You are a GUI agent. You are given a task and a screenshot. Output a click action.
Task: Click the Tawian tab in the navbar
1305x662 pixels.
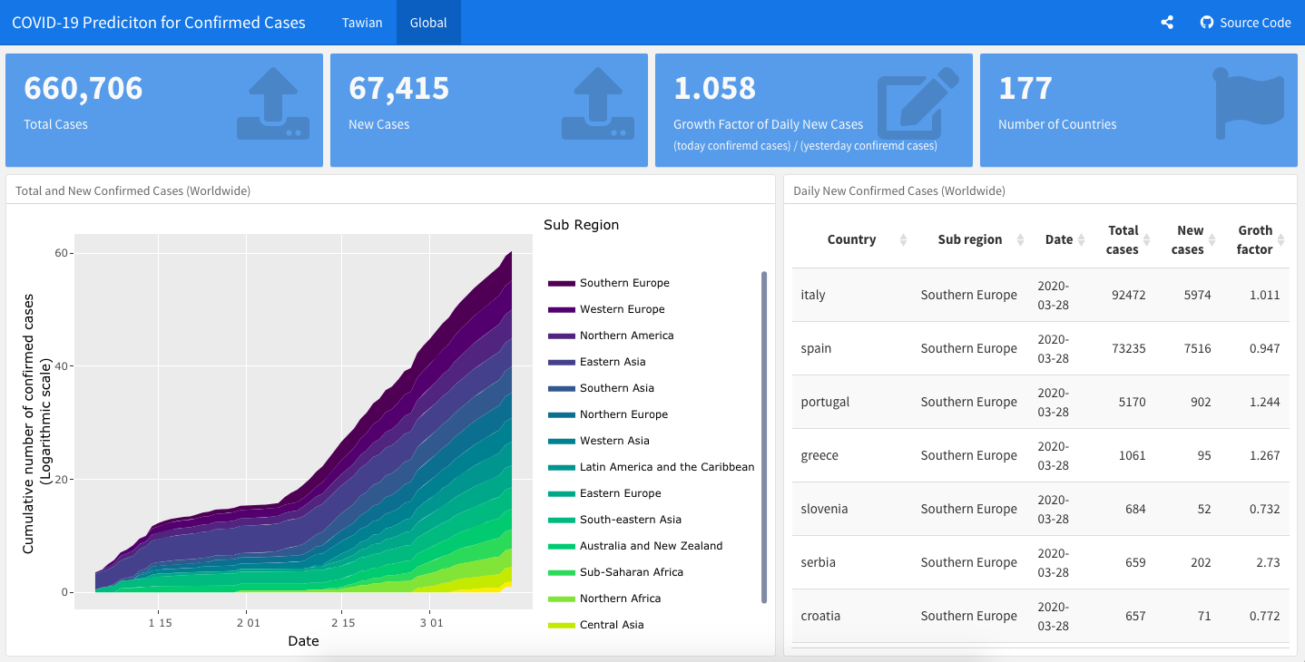point(362,23)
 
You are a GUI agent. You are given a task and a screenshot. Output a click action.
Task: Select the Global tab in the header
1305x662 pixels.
point(428,23)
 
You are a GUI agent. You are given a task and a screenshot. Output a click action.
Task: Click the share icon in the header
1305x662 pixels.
point(1167,23)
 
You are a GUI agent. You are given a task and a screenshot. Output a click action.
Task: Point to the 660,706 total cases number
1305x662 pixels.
point(83,88)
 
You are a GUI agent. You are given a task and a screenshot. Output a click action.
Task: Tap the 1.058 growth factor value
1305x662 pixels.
point(714,88)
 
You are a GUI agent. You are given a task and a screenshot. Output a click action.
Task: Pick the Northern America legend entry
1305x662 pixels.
point(626,336)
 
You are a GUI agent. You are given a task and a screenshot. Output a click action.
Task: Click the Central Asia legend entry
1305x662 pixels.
point(611,625)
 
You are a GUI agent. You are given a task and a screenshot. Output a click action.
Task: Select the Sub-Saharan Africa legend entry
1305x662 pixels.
point(631,572)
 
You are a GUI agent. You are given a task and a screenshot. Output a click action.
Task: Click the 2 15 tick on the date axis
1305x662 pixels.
point(342,623)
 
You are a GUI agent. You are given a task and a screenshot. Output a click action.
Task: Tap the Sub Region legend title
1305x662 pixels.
point(581,225)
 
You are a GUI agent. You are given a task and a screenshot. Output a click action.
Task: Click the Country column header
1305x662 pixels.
point(851,239)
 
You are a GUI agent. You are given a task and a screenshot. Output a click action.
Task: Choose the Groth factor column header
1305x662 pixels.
point(1254,239)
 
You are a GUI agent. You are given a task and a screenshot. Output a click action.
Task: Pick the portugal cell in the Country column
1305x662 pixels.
point(825,402)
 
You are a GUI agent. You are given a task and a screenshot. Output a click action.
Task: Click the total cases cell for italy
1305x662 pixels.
point(1128,295)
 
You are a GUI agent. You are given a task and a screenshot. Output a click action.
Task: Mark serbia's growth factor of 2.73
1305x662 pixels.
point(1268,562)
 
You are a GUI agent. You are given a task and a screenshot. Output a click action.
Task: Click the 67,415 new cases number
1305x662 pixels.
point(398,88)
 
